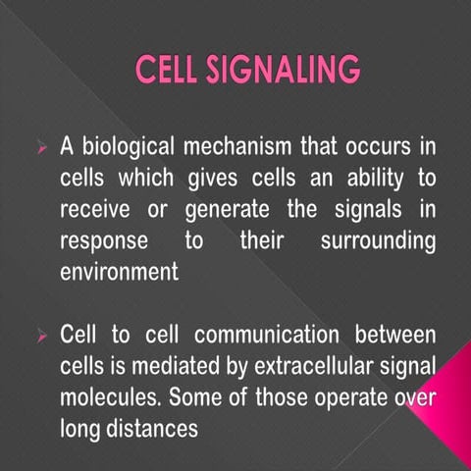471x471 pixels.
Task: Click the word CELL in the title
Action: [x=168, y=71]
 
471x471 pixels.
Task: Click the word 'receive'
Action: [x=95, y=210]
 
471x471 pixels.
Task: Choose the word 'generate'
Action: [x=211, y=210]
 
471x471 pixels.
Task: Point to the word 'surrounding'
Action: [x=378, y=241]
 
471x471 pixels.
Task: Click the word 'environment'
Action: [x=119, y=272]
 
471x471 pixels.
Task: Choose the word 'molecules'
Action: [x=108, y=398]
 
